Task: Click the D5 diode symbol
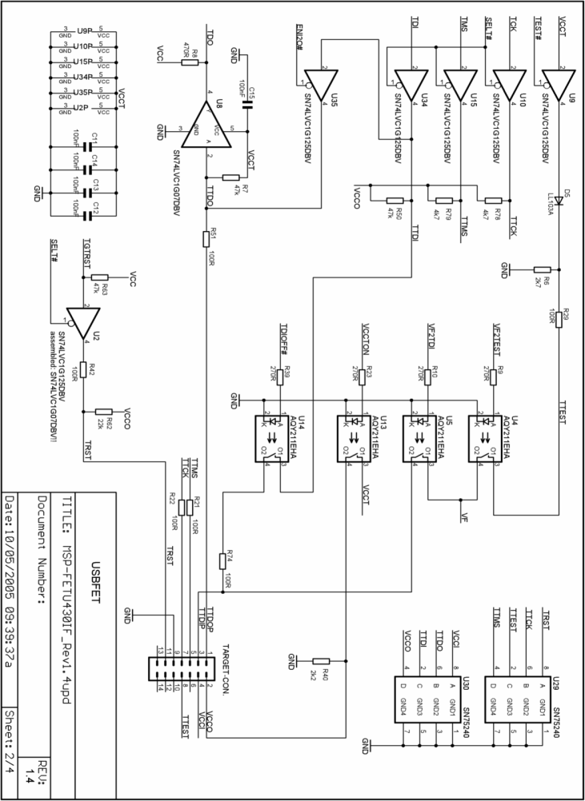559,199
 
